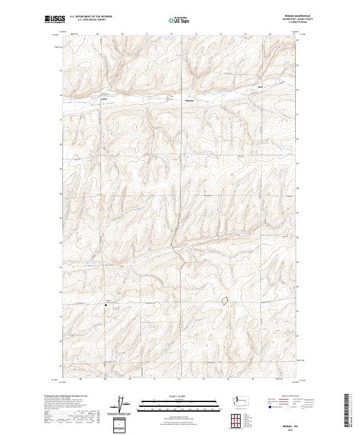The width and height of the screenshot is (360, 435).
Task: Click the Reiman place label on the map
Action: pos(190,100)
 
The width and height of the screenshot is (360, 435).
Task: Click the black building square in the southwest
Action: pos(106,305)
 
